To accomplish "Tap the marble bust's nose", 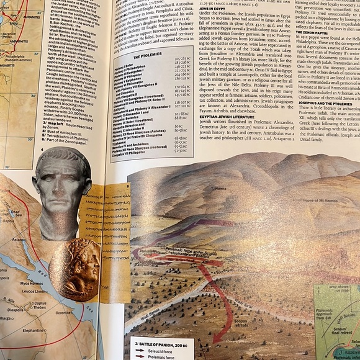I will click(x=58, y=186).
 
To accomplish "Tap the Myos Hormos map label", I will click(x=32, y=283).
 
